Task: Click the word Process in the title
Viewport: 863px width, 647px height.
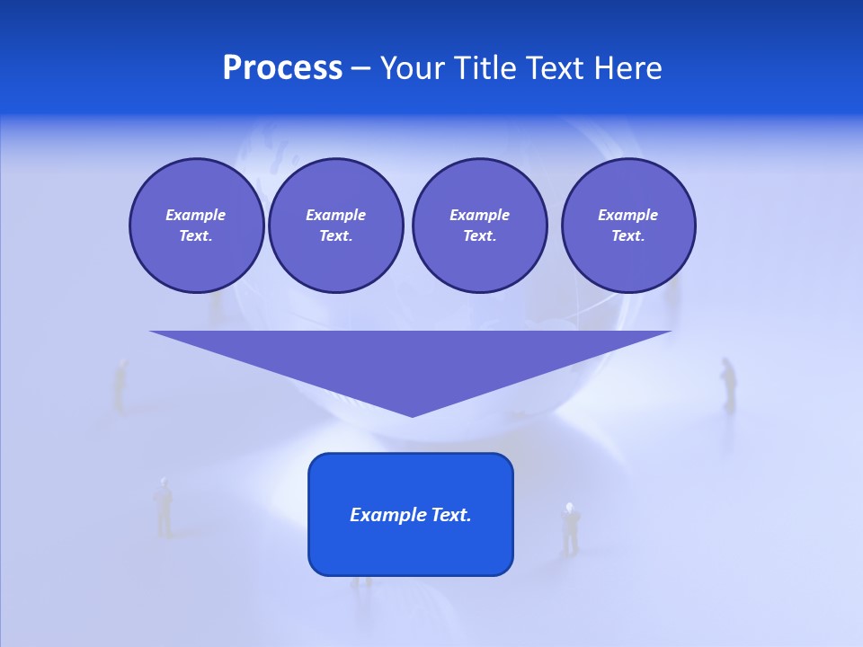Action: pyautogui.click(x=282, y=68)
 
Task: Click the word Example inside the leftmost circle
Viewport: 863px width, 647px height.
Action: pyautogui.click(x=196, y=215)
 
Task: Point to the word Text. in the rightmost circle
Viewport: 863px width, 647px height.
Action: pyautogui.click(x=627, y=236)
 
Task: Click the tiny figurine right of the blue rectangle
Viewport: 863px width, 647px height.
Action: pyautogui.click(x=570, y=528)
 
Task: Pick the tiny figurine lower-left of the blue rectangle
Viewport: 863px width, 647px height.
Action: pyautogui.click(x=164, y=507)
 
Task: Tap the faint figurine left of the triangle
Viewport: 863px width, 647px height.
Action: pyautogui.click(x=120, y=385)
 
